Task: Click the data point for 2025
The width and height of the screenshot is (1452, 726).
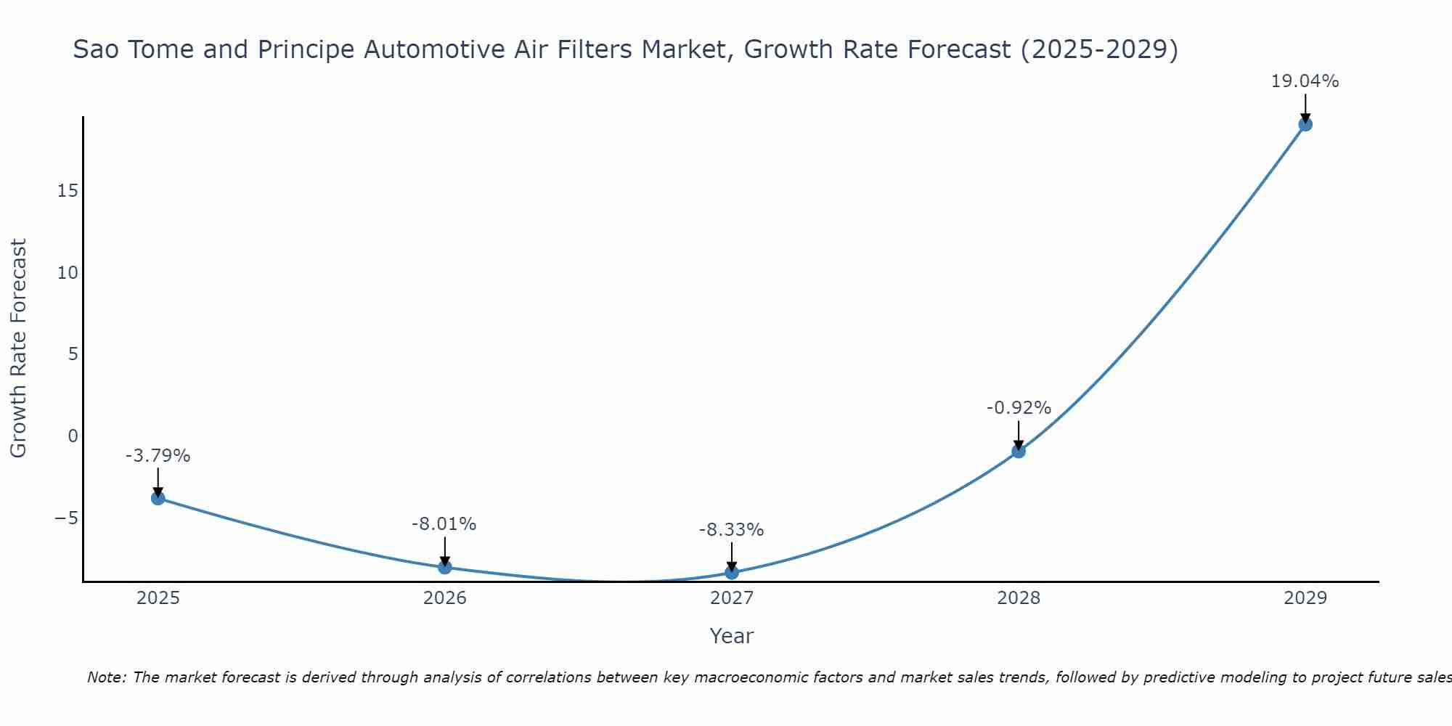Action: point(158,498)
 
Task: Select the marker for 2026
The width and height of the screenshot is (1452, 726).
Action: point(445,567)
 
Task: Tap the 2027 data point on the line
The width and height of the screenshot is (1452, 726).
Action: point(732,573)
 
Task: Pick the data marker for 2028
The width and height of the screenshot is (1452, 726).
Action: point(1019,451)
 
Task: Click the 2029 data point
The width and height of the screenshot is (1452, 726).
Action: point(1305,124)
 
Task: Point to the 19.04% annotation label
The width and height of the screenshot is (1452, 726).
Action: point(1305,81)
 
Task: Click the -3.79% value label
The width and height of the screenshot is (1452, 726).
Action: point(158,456)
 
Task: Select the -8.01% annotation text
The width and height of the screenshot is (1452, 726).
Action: point(444,524)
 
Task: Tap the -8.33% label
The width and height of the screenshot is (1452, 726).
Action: point(731,530)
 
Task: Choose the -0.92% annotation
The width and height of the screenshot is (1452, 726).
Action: point(1019,408)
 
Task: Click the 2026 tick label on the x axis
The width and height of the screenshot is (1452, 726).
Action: point(445,598)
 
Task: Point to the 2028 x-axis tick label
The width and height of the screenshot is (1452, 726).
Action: point(1019,598)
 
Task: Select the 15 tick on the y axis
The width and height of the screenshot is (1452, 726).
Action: point(68,191)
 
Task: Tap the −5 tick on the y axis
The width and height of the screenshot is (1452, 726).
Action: point(66,518)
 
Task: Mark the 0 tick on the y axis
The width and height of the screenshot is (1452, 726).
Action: point(73,436)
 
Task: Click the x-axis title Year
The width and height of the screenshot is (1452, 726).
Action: point(732,636)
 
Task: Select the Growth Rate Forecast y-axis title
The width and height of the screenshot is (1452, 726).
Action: point(19,348)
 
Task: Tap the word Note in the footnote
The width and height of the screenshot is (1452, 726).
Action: point(107,677)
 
